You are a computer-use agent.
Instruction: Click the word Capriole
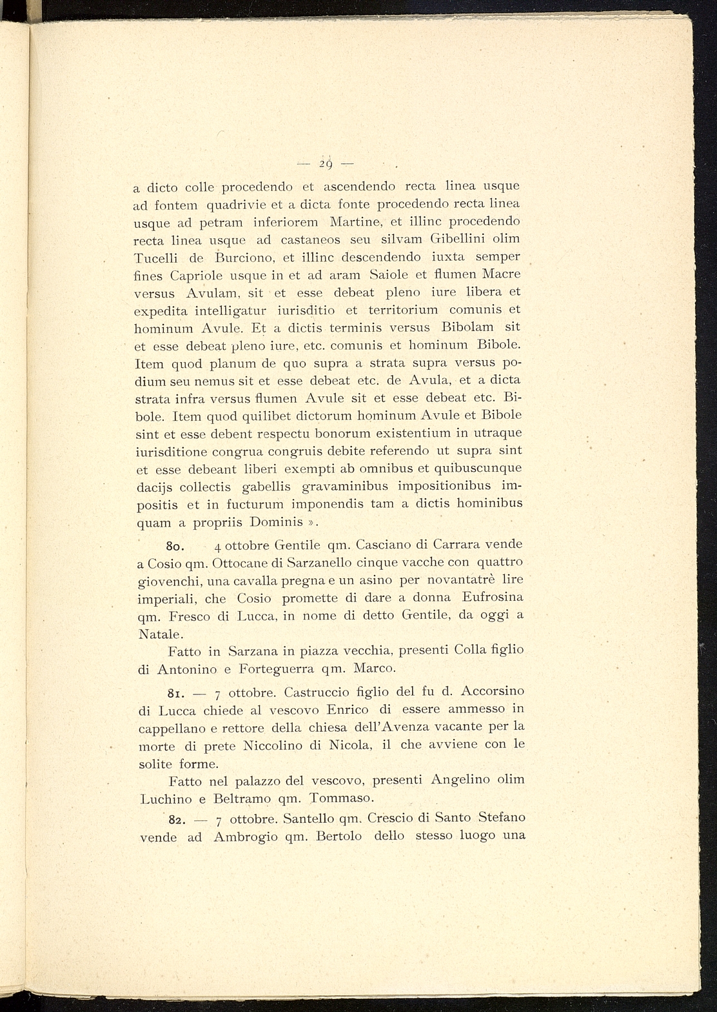coord(198,276)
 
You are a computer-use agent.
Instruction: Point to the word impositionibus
coord(444,485)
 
